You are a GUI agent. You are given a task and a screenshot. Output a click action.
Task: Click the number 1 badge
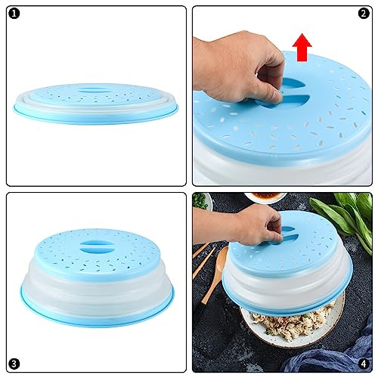pos(14,14)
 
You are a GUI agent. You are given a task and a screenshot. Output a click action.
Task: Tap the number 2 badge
pos(364,14)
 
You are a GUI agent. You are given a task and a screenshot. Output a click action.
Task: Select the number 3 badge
pos(14,364)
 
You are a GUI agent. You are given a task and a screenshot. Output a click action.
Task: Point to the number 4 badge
pos(364,364)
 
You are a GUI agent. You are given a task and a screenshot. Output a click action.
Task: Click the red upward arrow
pos(302,48)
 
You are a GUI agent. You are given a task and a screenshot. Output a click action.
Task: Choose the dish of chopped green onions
pos(201,201)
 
